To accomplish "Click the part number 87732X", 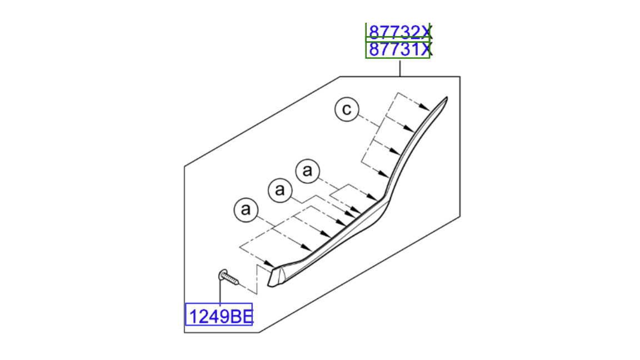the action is coord(399,32).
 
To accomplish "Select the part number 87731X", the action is coord(399,49).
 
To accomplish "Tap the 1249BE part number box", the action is coord(219,314).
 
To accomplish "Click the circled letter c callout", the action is coord(347,109).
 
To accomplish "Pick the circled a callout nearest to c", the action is coord(308,171).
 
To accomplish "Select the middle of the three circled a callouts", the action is coord(280,190).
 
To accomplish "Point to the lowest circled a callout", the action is coord(246,210).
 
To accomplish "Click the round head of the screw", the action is coord(223,274).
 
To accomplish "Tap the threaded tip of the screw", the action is coord(236,282).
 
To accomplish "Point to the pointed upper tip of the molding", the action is coord(447,98).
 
